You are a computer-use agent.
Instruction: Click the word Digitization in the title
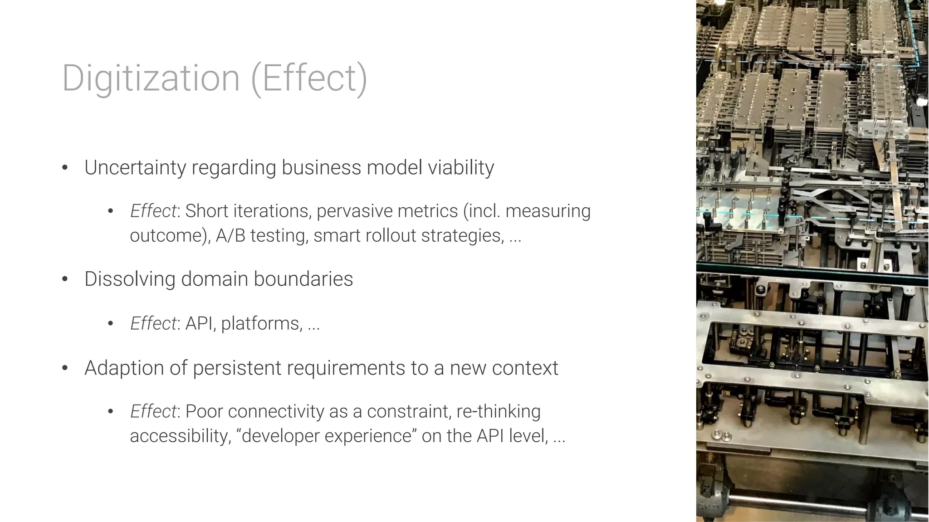pos(151,78)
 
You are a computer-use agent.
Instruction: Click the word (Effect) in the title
pos(308,78)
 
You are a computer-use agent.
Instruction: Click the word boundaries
pos(303,279)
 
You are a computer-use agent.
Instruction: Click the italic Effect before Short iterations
pos(153,211)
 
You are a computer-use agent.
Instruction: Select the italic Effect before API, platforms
pos(153,323)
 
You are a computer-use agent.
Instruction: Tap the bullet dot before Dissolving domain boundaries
pos(65,279)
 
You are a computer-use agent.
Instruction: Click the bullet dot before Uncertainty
pos(65,167)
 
